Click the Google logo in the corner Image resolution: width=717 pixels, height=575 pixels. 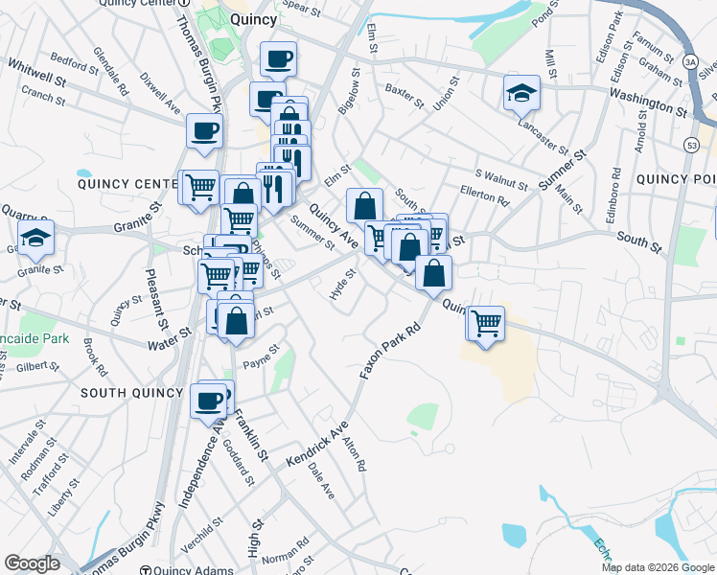(32, 563)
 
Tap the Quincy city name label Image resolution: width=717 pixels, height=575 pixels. (254, 18)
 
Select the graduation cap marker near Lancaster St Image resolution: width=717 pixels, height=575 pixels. (521, 93)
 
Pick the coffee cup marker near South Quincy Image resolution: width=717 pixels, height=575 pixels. (208, 401)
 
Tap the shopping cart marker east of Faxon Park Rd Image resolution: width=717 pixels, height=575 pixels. (486, 323)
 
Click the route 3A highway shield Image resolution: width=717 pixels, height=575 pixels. (690, 62)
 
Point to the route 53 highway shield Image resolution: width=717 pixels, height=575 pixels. (691, 144)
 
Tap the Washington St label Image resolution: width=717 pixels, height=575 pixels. (648, 103)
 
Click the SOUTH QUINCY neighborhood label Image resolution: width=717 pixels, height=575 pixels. (131, 393)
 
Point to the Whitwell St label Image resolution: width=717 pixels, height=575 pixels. (35, 72)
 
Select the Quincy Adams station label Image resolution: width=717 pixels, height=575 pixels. (187, 570)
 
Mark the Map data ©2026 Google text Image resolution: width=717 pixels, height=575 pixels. (658, 567)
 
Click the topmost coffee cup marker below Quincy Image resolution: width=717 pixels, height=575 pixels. (278, 59)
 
